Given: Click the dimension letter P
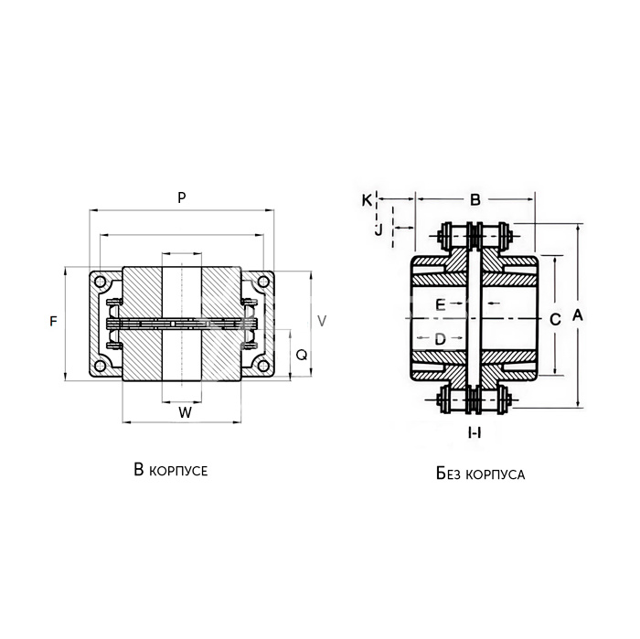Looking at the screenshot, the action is (182, 197).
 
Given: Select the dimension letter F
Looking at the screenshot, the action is (53, 322).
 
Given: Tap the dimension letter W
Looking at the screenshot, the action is (185, 412).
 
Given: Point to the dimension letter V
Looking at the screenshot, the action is (322, 321).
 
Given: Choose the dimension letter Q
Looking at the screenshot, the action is (301, 356).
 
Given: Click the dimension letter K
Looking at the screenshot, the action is (367, 200).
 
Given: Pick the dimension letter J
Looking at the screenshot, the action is (379, 230).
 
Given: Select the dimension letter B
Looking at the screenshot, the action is (475, 200).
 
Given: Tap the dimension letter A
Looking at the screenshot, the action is (577, 315).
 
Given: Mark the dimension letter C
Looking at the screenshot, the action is (555, 319).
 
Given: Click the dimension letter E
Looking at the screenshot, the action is (440, 304).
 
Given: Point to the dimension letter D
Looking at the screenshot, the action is (440, 338).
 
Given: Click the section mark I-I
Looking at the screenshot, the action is (475, 432).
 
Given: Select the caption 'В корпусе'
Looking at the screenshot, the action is (171, 470).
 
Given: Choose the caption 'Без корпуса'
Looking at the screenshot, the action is (480, 474).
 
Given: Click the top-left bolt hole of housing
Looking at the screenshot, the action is (100, 282).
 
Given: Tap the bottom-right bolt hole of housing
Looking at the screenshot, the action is (263, 366).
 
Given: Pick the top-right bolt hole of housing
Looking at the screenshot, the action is (263, 282).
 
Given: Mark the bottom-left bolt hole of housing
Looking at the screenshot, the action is (100, 366).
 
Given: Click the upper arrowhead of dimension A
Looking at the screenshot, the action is (578, 228).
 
